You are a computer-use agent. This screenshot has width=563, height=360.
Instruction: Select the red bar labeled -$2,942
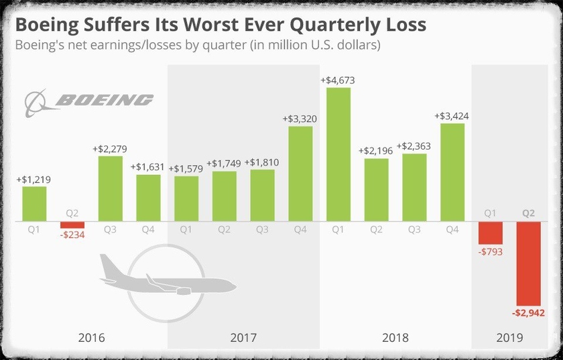click(x=528, y=263)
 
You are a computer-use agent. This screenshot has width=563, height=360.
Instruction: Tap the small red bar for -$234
click(x=72, y=225)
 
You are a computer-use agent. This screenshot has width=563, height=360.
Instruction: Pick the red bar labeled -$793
click(x=490, y=232)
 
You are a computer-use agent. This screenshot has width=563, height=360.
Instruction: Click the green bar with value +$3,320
click(x=300, y=173)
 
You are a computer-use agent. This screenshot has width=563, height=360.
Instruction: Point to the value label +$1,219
click(x=34, y=179)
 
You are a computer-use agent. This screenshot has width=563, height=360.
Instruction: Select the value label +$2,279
click(x=110, y=149)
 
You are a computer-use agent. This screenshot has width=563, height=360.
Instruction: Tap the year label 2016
click(x=91, y=337)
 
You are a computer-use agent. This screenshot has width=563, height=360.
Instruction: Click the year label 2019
click(x=509, y=337)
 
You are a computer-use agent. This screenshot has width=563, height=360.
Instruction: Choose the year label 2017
click(x=243, y=337)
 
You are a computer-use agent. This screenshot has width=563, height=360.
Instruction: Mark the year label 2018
click(x=395, y=337)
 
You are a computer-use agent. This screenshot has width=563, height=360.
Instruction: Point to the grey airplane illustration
click(x=168, y=275)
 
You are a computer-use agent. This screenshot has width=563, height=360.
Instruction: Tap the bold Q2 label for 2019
click(x=528, y=214)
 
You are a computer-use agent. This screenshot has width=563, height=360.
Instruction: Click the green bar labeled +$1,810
click(x=262, y=195)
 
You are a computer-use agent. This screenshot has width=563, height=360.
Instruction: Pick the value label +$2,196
click(x=376, y=151)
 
